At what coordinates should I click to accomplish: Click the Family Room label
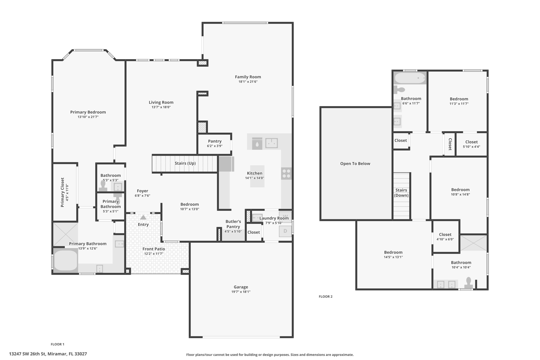[248, 77]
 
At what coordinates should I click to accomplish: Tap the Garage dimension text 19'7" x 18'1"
[241, 292]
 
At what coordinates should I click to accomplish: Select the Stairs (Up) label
[185, 163]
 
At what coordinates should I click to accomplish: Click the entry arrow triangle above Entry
[143, 217]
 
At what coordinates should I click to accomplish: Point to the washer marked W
[285, 216]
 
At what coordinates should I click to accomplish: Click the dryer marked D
[285, 231]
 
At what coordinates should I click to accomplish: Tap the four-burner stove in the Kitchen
[286, 174]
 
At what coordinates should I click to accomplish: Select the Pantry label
[215, 141]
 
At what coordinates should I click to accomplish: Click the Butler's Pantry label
[233, 224]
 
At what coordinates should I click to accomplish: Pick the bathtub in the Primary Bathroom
[66, 260]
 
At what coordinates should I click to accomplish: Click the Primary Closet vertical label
[62, 192]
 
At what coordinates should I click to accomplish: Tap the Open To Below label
[355, 164]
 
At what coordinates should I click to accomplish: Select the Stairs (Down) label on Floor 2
[401, 193]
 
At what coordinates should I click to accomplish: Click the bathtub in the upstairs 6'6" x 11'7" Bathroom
[410, 78]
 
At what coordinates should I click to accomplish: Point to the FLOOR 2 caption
[326, 296]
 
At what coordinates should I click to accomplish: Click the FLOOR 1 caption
[57, 344]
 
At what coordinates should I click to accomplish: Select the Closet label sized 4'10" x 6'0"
[445, 234]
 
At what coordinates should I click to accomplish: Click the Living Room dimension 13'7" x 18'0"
[161, 107]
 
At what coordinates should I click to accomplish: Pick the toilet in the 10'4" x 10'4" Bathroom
[469, 283]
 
